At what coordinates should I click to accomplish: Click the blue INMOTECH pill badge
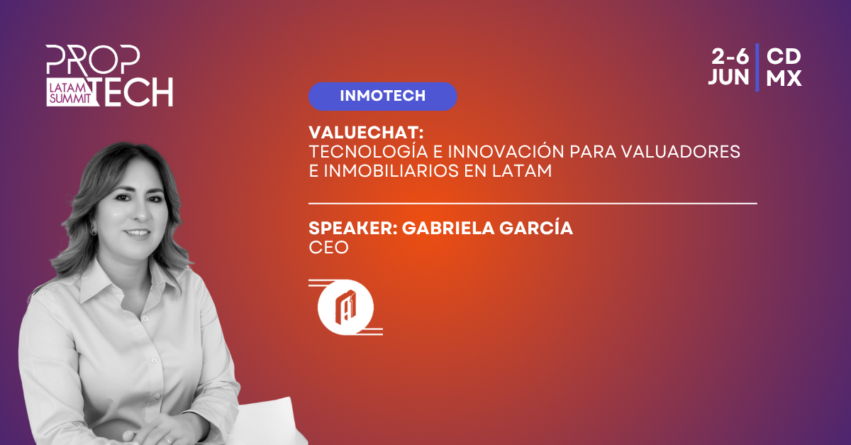[x=382, y=97]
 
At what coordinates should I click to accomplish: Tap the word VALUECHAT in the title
[x=363, y=133]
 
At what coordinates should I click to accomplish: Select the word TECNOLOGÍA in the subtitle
[x=369, y=151]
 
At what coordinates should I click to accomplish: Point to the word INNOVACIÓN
[x=506, y=151]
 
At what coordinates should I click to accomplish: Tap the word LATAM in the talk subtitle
[x=522, y=171]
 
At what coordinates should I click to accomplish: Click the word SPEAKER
[x=350, y=229]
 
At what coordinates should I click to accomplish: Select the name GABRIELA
[x=448, y=229]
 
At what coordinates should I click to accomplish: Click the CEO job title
[x=328, y=248]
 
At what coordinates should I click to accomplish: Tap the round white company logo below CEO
[x=345, y=307]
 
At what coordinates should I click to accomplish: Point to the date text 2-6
[x=730, y=57]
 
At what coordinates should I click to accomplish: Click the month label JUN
[x=728, y=77]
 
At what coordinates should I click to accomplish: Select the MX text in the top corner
[x=784, y=78]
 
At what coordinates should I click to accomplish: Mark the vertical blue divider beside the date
[x=757, y=67]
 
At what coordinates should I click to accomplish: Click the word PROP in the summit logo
[x=93, y=60]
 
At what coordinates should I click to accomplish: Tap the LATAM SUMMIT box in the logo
[x=70, y=93]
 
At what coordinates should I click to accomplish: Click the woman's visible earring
[x=93, y=231]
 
